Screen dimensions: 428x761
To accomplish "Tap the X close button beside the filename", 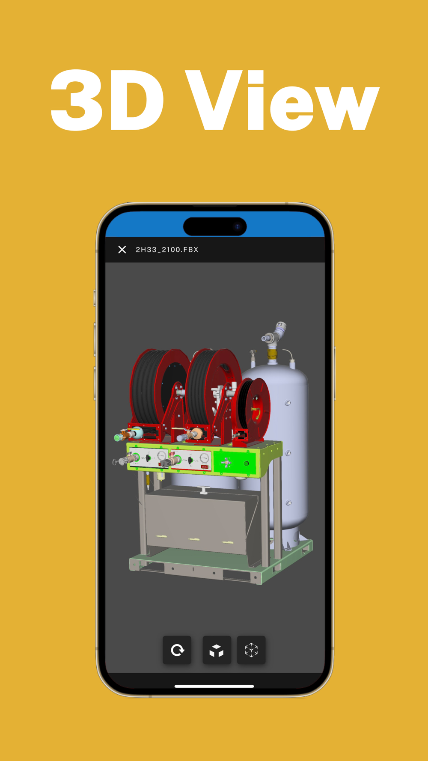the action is pos(122,250).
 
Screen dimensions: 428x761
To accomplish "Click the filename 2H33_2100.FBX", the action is pos(167,250).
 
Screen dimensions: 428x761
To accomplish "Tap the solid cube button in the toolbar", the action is pos(217,650).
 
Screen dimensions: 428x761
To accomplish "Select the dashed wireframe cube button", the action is pos(251,650).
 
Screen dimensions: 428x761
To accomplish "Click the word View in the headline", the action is pos(282,100).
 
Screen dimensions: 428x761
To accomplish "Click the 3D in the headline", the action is pos(107,100).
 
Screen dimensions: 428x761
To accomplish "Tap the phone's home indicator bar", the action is pos(214,686).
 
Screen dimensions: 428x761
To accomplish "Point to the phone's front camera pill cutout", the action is pos(215,226).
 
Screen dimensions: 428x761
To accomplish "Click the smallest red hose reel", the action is pos(254,409).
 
